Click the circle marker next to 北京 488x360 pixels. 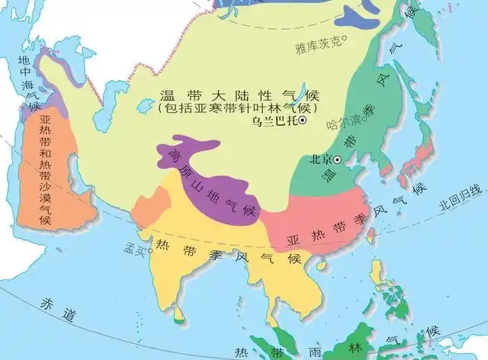point(333,159)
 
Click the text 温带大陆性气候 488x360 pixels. point(239,96)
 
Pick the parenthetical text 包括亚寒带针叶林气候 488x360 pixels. point(239,108)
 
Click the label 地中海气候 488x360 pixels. point(27,84)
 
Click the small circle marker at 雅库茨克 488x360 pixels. point(344,40)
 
